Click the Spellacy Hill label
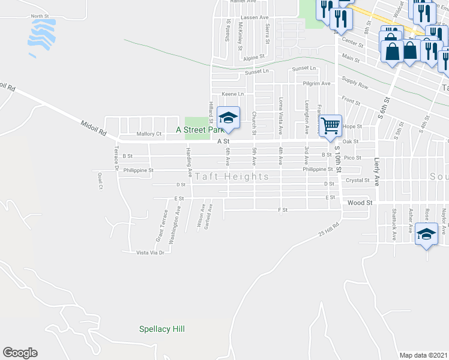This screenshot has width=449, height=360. pos(161,329)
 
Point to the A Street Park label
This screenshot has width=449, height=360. pos(199,130)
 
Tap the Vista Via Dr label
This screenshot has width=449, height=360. pos(150,253)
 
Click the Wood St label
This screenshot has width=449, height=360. pos(360,203)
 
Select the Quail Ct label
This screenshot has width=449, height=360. pos(100,180)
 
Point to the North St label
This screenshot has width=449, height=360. pos(39,16)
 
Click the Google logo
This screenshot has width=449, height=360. pos(20,353)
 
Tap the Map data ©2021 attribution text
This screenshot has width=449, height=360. pos(424,355)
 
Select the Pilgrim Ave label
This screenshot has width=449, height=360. pos(317,83)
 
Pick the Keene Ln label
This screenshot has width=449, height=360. pos(233,94)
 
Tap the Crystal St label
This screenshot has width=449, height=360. pos(357,180)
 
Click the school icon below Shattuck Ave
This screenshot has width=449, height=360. pos(427,235)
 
